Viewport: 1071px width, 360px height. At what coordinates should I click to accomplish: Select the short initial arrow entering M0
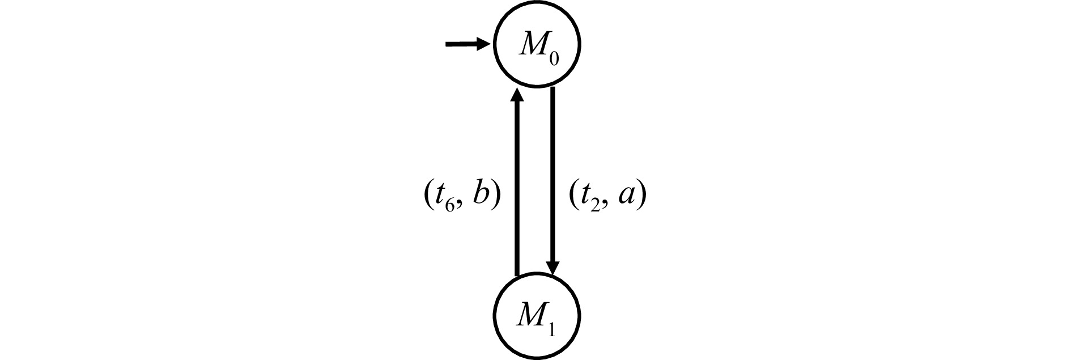[x=468, y=44]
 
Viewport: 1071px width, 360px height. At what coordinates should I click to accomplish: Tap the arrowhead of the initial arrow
[x=484, y=44]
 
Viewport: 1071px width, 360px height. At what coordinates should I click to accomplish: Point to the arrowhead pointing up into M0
[x=516, y=94]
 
